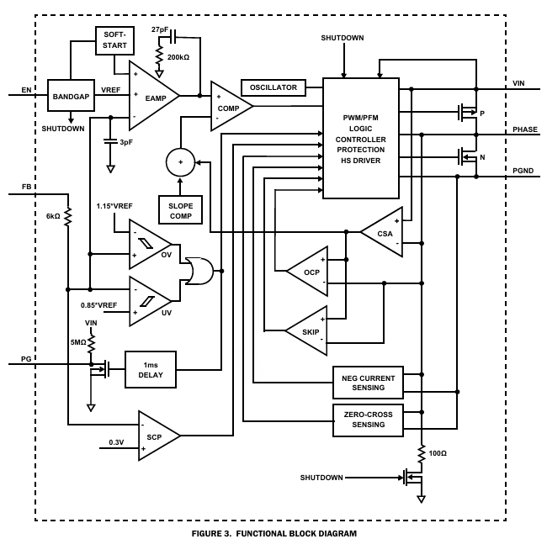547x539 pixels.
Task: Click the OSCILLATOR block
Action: click(273, 87)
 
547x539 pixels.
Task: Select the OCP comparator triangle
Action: click(308, 271)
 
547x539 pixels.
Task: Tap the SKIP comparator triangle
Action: click(308, 330)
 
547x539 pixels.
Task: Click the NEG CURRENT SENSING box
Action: click(369, 383)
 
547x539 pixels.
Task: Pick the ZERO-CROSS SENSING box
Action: click(369, 419)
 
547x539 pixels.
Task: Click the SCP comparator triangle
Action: click(157, 435)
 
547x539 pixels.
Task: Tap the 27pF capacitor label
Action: click(160, 30)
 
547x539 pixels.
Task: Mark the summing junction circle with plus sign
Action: click(178, 160)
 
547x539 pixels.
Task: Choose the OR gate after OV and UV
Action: click(199, 271)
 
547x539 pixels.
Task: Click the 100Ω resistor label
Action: click(438, 453)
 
